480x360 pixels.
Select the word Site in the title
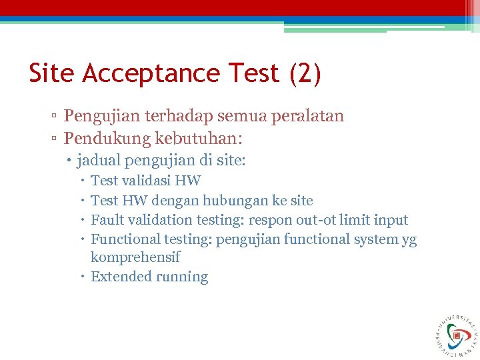click(52, 73)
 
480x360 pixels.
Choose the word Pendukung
click(107, 139)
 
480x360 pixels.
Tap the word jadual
click(99, 161)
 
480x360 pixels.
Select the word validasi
click(146, 181)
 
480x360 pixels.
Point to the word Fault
click(105, 220)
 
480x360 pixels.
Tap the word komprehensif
click(135, 257)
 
